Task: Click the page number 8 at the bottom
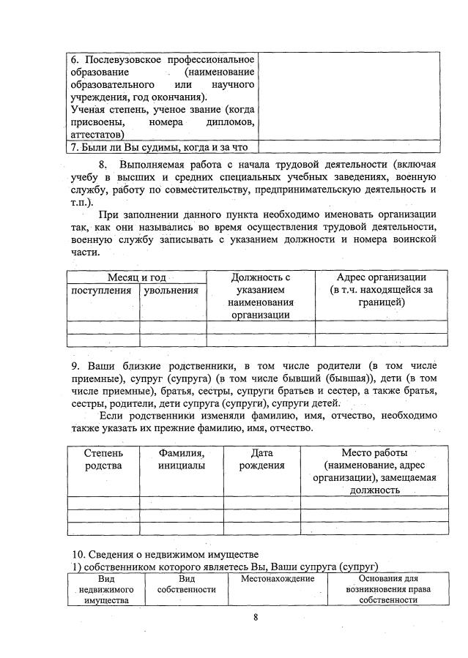coord(256,616)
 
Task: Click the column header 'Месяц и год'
coord(137,277)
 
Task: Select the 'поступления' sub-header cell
coord(101,291)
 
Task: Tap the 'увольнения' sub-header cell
coord(172,291)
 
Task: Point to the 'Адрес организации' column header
coord(382,289)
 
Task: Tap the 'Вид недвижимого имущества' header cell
coord(105,589)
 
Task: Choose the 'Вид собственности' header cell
coord(186,583)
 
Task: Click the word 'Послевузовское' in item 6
coord(133,59)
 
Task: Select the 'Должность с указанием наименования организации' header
coord(260,296)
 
